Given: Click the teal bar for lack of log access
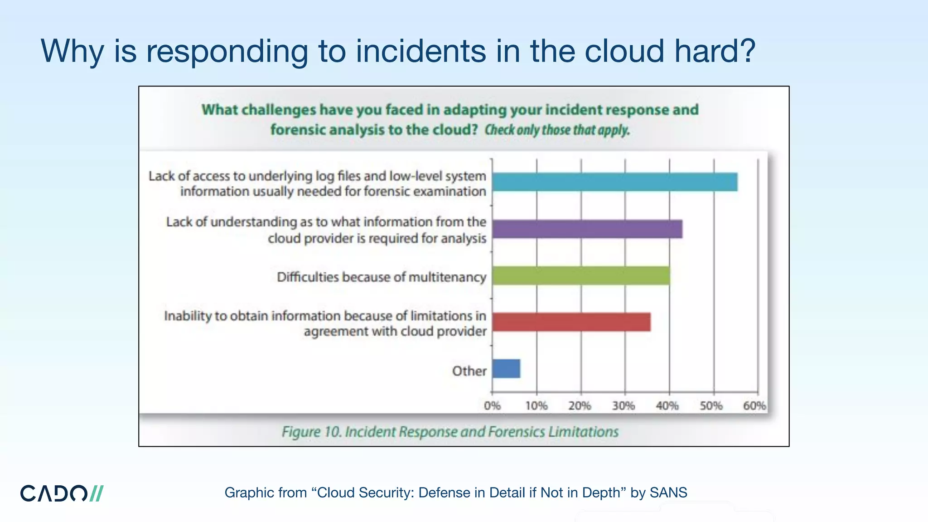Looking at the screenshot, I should point(614,182).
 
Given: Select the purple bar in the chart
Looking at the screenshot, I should point(587,229).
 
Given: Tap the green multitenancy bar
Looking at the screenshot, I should point(581,275).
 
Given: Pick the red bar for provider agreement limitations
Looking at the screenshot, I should point(571,322).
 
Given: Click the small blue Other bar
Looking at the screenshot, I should point(506,368).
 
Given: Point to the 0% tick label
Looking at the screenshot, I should point(492,406).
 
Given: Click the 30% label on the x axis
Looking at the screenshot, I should point(623,406).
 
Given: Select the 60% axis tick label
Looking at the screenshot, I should point(754,406).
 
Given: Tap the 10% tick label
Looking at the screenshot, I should point(536,406).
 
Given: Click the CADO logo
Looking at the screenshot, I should point(62,493).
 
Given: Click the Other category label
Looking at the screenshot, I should point(469,371).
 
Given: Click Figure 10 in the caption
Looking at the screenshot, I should point(311,432).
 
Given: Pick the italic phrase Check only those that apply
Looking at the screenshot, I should point(557,130).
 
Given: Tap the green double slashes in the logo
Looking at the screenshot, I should point(97,493).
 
